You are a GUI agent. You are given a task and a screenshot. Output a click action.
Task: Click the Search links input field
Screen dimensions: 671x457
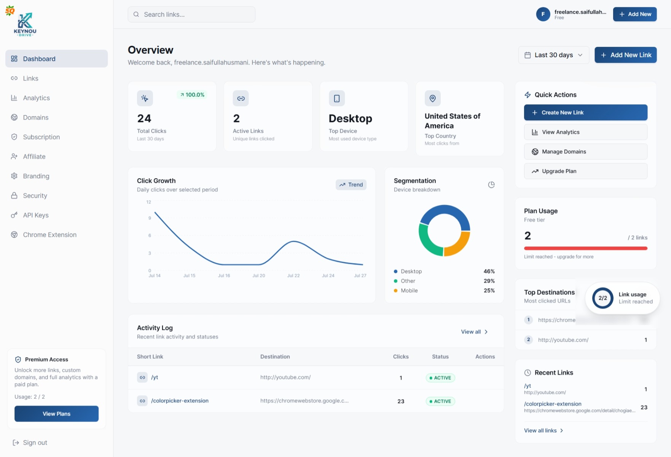(x=191, y=14)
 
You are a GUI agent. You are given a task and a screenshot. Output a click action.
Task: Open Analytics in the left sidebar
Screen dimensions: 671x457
(x=36, y=98)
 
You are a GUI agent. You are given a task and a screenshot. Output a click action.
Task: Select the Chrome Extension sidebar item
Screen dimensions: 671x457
(x=49, y=235)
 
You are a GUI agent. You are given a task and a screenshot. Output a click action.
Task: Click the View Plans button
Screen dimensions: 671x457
(x=56, y=414)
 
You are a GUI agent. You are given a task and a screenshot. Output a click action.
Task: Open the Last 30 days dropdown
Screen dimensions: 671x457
(x=554, y=55)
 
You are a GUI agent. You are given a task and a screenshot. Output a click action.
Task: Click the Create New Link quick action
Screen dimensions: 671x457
(x=585, y=112)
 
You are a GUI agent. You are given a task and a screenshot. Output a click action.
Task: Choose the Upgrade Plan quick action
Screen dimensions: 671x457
(x=585, y=171)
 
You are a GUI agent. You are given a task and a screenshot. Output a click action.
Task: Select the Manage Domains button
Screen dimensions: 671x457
(x=585, y=152)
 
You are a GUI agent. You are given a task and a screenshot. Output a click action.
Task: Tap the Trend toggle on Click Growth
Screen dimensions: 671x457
(x=351, y=185)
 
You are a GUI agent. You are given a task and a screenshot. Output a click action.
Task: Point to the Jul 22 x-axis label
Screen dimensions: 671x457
(x=293, y=275)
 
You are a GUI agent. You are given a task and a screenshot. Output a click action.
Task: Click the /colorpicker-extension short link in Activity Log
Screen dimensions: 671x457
(x=180, y=401)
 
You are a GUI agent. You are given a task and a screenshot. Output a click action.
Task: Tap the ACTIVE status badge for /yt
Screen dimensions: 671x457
(x=440, y=378)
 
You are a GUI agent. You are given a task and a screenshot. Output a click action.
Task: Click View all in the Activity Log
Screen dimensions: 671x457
(x=474, y=332)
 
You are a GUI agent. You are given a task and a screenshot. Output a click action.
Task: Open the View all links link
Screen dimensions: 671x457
(x=543, y=430)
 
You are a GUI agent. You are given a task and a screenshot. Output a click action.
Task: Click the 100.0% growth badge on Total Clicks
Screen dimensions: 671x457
(x=192, y=94)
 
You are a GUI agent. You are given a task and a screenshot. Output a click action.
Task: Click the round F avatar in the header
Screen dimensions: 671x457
(x=543, y=14)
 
